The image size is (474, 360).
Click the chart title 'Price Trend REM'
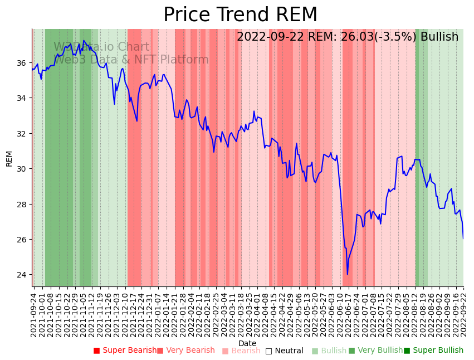[x=240, y=15]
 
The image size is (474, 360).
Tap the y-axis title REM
[x=9, y=158]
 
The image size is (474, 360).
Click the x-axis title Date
[x=247, y=343]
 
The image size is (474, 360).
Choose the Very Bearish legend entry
[x=186, y=351]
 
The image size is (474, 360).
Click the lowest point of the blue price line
[x=348, y=274]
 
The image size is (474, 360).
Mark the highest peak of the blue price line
[x=84, y=41]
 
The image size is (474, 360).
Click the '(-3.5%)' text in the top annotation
[x=395, y=37]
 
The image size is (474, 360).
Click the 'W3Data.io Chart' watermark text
[x=101, y=47]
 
